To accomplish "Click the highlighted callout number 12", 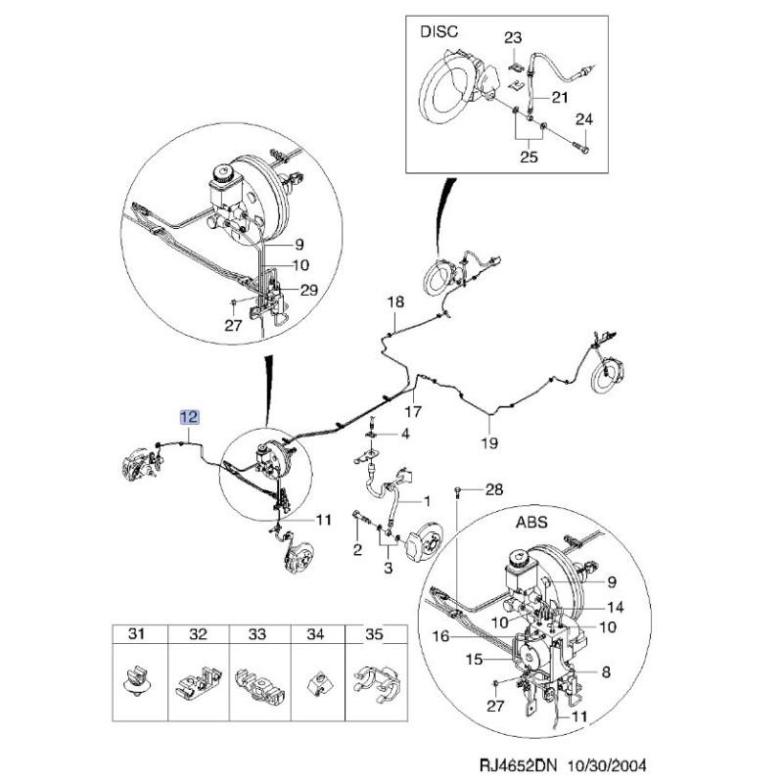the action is point(190,417).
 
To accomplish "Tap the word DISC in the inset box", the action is point(438,31).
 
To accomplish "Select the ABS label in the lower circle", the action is point(531,523).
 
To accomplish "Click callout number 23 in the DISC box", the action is point(513,37).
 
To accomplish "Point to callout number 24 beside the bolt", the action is point(583,119).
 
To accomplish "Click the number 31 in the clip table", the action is point(136,633).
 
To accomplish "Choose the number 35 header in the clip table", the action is point(374,633).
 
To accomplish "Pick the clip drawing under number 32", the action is point(199,681).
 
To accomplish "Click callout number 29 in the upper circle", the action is point(309,290).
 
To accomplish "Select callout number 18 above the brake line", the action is point(395,301).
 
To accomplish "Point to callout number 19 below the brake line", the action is point(489,442).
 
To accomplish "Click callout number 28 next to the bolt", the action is point(494,489).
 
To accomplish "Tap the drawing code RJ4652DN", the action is point(521,764).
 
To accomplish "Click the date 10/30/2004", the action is point(607,764).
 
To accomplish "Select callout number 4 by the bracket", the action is point(405,434).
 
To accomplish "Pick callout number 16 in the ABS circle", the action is point(440,636).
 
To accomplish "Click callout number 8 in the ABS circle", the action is point(606,671).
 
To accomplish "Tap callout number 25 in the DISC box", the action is point(529,157).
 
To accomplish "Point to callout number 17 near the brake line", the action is point(413,411).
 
